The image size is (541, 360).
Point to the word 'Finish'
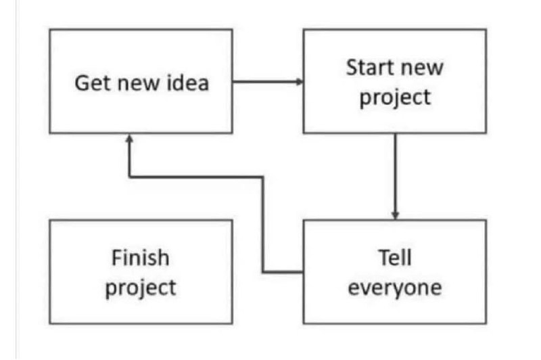[141, 258]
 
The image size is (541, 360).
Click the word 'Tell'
[395, 258]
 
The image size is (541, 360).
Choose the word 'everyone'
[395, 288]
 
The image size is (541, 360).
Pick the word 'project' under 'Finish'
[141, 288]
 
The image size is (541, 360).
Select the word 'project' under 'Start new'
[395, 97]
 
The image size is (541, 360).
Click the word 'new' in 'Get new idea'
[139, 84]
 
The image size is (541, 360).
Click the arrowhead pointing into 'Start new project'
[300, 82]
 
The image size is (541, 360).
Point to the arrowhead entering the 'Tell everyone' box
[396, 216]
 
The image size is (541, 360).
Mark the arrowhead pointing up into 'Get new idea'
[129, 138]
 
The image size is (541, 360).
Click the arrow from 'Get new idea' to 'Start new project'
[268, 82]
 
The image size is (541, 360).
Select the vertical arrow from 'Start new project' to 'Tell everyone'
[396, 177]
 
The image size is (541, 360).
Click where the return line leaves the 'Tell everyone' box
[303, 272]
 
